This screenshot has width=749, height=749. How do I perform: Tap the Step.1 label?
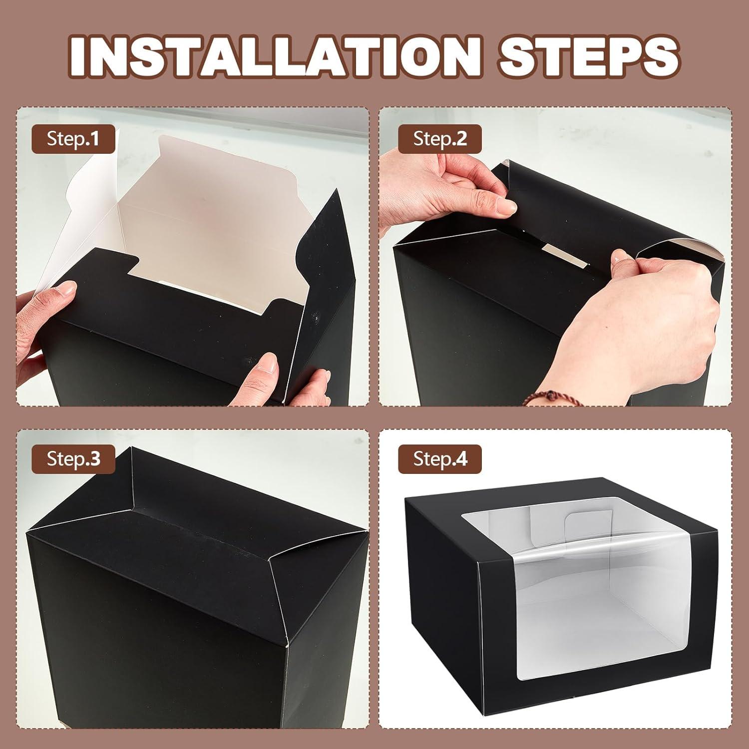click(x=73, y=139)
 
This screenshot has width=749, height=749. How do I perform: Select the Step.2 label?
click(x=440, y=139)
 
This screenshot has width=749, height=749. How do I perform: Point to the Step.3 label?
click(x=73, y=458)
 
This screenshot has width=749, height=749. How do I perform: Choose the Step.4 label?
click(x=440, y=458)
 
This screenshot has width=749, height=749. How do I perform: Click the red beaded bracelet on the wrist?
click(x=542, y=398)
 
